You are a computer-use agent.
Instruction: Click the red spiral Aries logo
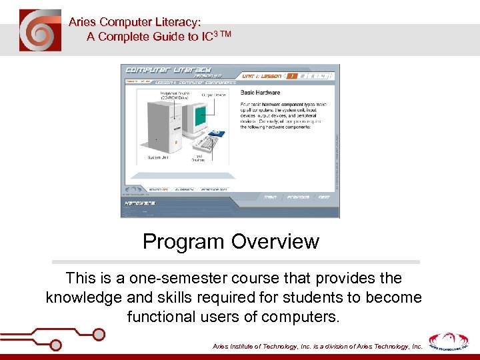click(40, 31)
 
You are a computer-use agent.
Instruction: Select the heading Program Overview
click(231, 241)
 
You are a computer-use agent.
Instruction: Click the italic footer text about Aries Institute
click(317, 347)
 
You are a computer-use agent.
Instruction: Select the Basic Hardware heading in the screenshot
click(260, 93)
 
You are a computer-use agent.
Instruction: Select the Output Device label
click(215, 95)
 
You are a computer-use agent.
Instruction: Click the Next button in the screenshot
click(323, 197)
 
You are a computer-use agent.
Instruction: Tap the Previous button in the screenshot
click(298, 197)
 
